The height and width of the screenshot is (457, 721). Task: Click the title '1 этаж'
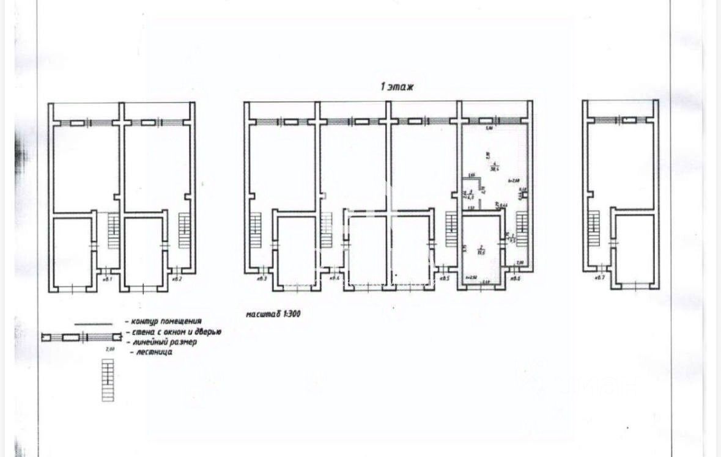pyautogui.click(x=397, y=87)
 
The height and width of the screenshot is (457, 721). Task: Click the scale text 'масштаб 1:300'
pyautogui.click(x=273, y=313)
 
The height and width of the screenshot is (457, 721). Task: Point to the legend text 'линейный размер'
pyautogui.click(x=163, y=342)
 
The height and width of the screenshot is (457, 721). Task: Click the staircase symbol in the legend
pyautogui.click(x=108, y=380)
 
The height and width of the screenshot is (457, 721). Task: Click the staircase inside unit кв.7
pyautogui.click(x=594, y=228)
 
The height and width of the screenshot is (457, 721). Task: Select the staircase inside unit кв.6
pyautogui.click(x=522, y=228)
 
